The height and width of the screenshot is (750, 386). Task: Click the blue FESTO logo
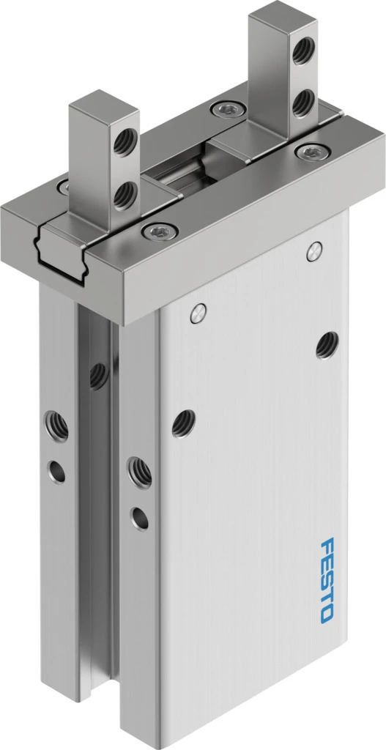click(327, 580)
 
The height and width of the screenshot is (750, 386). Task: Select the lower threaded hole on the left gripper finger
click(125, 193)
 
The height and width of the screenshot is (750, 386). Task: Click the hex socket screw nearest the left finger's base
click(160, 231)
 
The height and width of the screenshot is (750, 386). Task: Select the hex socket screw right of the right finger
click(313, 152)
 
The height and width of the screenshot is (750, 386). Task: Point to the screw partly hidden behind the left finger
click(63, 186)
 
